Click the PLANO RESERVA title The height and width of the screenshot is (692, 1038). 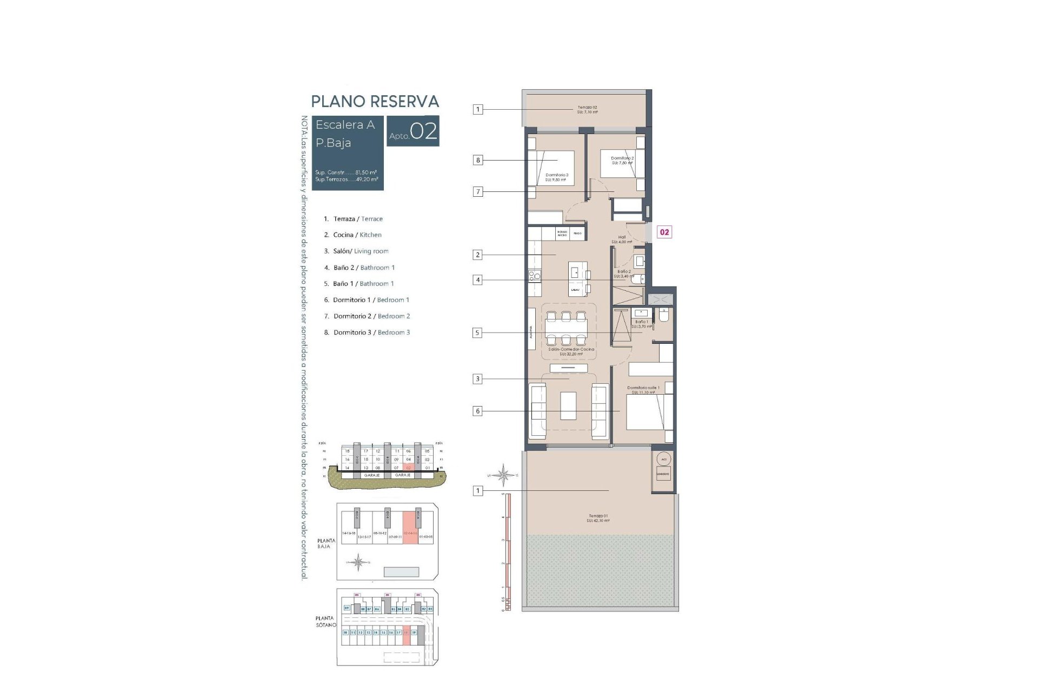pyautogui.click(x=375, y=102)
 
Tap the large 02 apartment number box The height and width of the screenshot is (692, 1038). pyautogui.click(x=413, y=131)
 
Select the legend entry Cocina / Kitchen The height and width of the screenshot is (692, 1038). pyautogui.click(x=357, y=235)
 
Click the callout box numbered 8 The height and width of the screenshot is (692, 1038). pyautogui.click(x=477, y=160)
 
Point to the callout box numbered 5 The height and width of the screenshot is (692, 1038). pyautogui.click(x=477, y=333)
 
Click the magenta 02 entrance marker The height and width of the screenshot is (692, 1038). pyautogui.click(x=664, y=232)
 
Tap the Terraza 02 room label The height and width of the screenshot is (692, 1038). pyautogui.click(x=587, y=110)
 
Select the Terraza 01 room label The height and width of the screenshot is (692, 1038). pyautogui.click(x=598, y=518)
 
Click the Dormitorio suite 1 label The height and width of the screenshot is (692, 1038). pyautogui.click(x=643, y=389)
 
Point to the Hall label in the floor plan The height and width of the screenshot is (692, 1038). pyautogui.click(x=622, y=239)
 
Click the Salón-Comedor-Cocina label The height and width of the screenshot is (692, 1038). pyautogui.click(x=571, y=351)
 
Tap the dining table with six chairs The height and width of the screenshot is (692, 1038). pyautogui.click(x=565, y=328)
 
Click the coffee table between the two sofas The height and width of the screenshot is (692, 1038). pyautogui.click(x=568, y=406)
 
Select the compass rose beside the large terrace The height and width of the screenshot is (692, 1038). pyautogui.click(x=503, y=475)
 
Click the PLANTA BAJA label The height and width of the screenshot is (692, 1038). pyautogui.click(x=326, y=543)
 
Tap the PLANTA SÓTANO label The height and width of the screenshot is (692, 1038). pyautogui.click(x=325, y=621)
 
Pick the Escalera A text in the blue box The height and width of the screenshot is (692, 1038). pyautogui.click(x=345, y=125)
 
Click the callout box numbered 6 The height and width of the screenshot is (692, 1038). pyautogui.click(x=477, y=411)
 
